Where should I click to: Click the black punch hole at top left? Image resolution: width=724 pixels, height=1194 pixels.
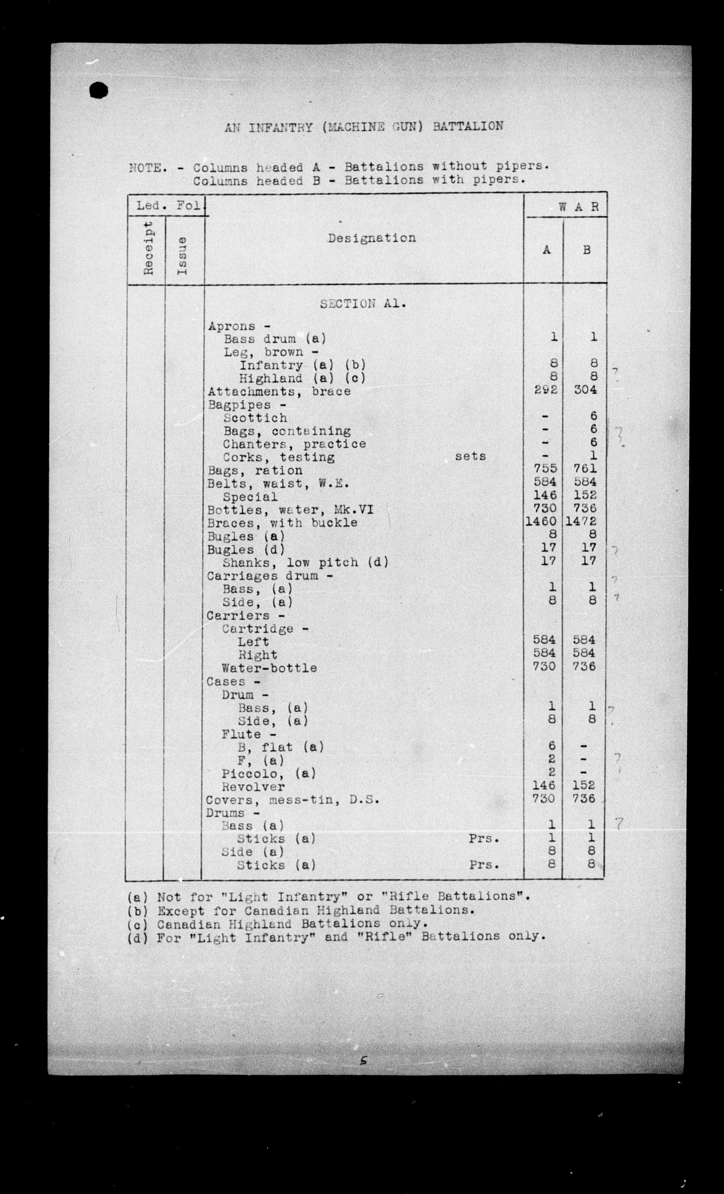coord(99,91)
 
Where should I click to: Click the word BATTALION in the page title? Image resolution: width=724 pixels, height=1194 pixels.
coord(468,126)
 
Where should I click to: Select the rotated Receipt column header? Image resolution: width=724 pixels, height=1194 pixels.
coord(148,248)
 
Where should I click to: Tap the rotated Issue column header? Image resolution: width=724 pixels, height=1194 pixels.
coord(183,256)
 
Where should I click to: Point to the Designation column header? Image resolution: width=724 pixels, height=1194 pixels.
coord(371,238)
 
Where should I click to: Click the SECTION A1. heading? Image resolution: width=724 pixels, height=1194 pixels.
coord(363,304)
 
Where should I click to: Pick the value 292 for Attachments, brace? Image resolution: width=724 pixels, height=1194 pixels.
coord(546,390)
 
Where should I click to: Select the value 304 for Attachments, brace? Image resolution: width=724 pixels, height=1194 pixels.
coord(585,390)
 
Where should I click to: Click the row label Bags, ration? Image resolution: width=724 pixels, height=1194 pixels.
coord(255,471)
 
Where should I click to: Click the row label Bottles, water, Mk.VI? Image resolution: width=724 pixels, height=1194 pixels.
coord(290,510)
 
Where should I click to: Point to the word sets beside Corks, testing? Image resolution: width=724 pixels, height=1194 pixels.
coord(470,456)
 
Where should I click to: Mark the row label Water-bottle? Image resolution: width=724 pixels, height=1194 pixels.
coord(269,668)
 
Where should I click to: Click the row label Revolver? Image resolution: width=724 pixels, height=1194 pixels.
coord(253,787)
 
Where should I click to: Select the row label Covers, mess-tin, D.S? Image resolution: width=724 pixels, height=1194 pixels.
coord(292,800)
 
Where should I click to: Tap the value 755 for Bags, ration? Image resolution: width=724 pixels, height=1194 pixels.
coord(546,469)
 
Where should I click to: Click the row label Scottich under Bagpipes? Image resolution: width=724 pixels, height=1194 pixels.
coord(255,418)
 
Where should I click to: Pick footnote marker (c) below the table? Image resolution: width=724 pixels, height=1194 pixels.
coord(136,924)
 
